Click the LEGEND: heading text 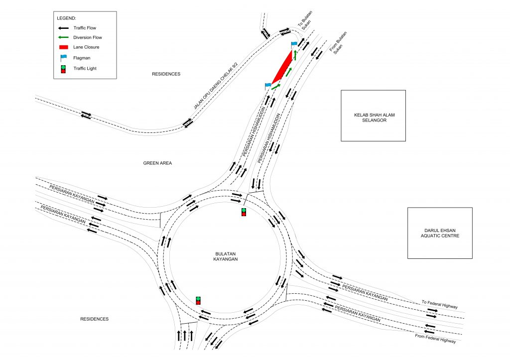point(66,18)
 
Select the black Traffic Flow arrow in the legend point(63,28)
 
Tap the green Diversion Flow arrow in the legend point(63,37)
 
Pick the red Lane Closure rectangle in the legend point(63,47)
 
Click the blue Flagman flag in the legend point(63,58)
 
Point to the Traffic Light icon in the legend point(63,69)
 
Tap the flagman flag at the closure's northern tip point(294,45)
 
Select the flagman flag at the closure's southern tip point(267,86)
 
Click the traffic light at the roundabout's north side point(244,212)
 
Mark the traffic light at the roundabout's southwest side point(198,300)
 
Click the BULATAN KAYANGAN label point(226,256)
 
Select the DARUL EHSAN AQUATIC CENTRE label point(440,233)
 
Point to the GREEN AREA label point(157,163)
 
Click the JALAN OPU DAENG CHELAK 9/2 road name point(216,86)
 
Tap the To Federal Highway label point(440,304)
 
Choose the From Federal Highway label point(435,338)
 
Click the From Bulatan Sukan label point(339,43)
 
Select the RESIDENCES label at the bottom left point(94,319)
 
